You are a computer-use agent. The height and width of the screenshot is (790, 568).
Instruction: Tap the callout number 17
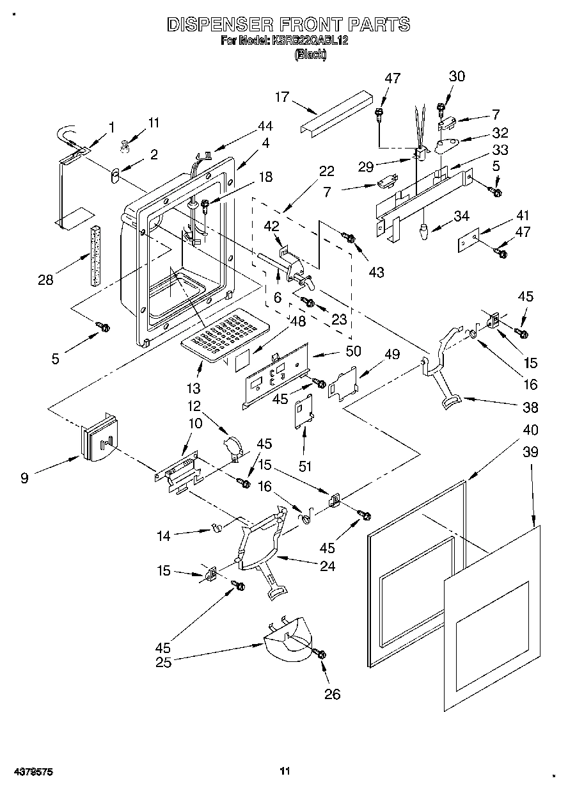(282, 97)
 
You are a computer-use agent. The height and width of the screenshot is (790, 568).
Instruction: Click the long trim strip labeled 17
(336, 110)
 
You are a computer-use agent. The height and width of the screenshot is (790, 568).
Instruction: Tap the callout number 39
(530, 452)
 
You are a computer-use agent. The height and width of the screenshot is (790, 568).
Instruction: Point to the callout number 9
(24, 478)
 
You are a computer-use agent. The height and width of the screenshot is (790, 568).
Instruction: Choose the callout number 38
(530, 407)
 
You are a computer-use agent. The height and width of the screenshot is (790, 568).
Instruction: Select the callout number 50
(352, 351)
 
